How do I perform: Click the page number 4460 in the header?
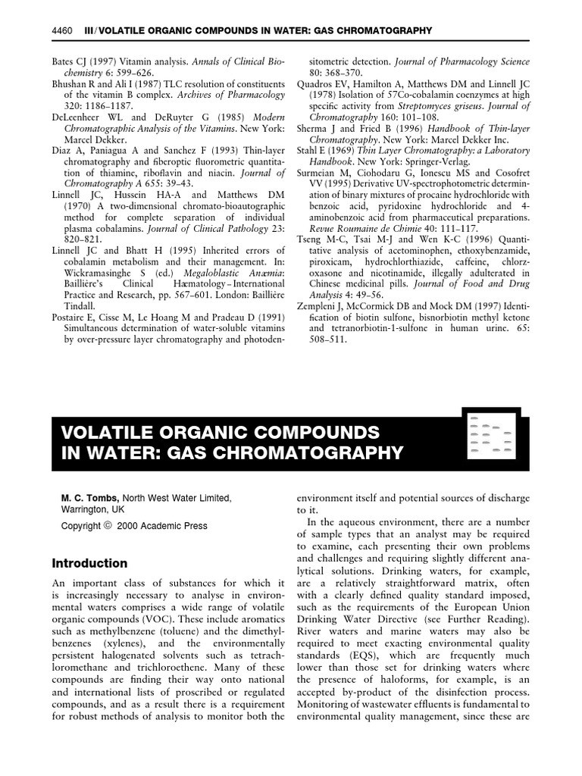61,30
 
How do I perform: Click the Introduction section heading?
89,563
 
